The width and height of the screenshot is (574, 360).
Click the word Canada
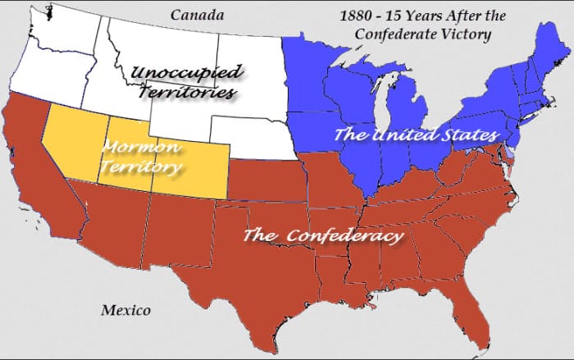point(198,14)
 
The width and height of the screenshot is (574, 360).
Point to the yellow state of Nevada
point(70,144)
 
